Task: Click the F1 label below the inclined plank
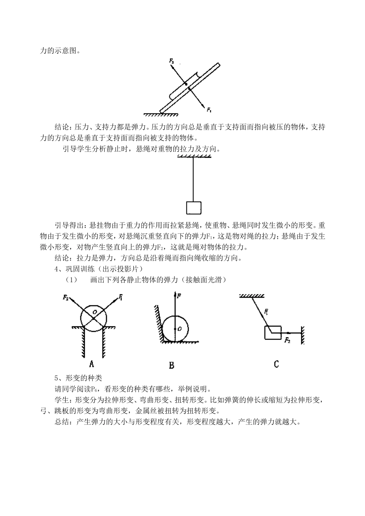(x=209, y=110)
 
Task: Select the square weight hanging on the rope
(x=194, y=207)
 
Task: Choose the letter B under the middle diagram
(x=171, y=365)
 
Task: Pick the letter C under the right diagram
(x=276, y=364)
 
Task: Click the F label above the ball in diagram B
(x=179, y=296)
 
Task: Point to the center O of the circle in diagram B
(x=176, y=329)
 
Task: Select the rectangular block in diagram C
(x=273, y=332)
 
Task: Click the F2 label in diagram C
(x=287, y=340)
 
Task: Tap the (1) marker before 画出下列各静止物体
(x=71, y=280)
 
